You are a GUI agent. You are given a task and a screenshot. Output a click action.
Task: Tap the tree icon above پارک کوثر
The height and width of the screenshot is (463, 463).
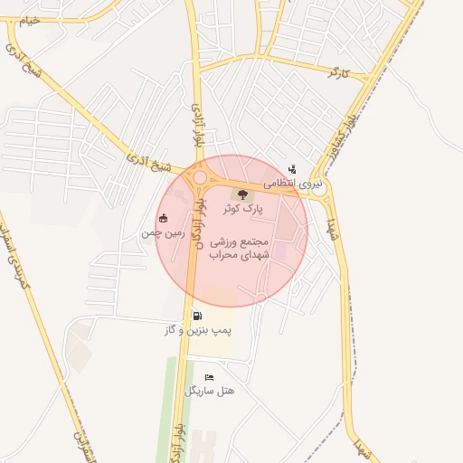pos(241,194)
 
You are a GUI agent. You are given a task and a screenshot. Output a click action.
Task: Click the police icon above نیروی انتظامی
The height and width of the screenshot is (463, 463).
pos(292,169)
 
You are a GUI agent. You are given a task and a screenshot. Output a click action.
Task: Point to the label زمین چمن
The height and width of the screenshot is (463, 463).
pos(163,232)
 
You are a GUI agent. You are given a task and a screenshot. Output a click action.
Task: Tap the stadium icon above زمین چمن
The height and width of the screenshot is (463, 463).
pos(163,218)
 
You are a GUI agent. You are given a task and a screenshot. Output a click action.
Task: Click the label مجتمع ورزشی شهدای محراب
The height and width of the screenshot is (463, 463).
pos(241,249)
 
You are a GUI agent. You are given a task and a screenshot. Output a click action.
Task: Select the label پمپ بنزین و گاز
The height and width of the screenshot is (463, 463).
pos(197,330)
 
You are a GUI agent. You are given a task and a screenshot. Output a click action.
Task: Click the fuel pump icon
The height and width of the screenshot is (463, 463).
pos(197,316)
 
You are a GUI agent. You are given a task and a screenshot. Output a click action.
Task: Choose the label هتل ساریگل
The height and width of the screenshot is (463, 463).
pos(210,391)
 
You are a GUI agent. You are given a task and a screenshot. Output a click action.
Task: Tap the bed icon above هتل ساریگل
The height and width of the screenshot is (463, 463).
pos(210,377)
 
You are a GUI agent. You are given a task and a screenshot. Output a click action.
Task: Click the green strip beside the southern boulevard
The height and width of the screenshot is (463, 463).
pos(168,407)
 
